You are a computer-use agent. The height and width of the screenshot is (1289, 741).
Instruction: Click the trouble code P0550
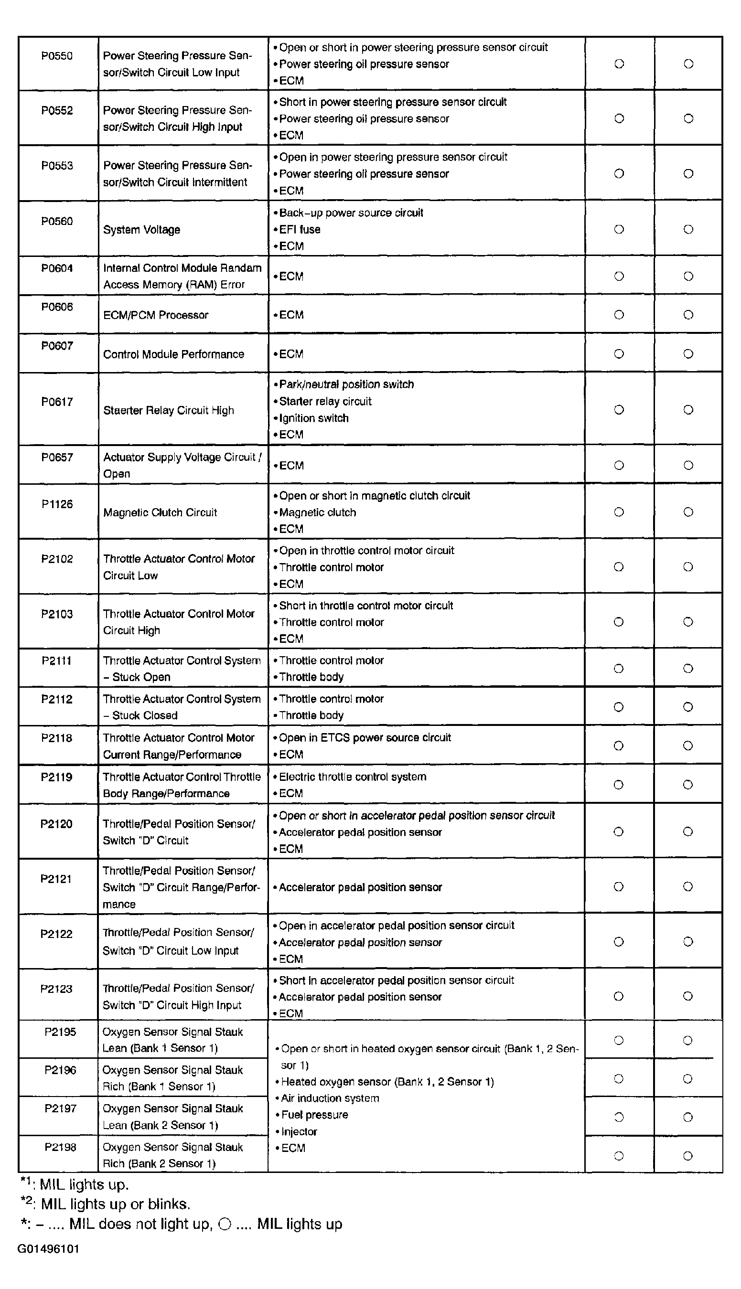point(57,56)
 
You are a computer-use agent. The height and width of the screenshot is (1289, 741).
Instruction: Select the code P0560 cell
point(57,221)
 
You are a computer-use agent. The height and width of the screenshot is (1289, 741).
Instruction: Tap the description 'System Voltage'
point(141,230)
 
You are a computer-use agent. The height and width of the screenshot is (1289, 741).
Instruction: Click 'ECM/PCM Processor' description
point(156,315)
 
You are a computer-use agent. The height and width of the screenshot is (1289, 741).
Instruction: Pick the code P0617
point(57,402)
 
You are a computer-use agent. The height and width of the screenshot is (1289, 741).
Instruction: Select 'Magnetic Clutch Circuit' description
point(160,513)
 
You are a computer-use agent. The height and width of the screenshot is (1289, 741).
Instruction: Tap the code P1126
point(57,504)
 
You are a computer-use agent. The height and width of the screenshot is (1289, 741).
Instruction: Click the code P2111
point(56,661)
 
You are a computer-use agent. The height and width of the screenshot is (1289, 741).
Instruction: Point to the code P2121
point(56,879)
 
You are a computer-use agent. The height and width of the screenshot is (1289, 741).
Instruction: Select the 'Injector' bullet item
point(299,1132)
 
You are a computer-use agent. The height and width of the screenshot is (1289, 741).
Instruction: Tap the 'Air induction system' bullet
point(330,1098)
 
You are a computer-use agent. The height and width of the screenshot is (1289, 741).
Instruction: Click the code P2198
point(60,1147)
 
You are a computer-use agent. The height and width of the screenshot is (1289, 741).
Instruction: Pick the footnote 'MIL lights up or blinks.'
point(115,1204)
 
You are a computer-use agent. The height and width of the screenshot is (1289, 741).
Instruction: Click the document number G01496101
point(48,1249)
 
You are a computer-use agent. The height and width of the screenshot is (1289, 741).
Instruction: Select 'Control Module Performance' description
point(173,354)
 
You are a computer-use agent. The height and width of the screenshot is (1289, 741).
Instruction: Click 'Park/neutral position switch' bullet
point(346,384)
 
